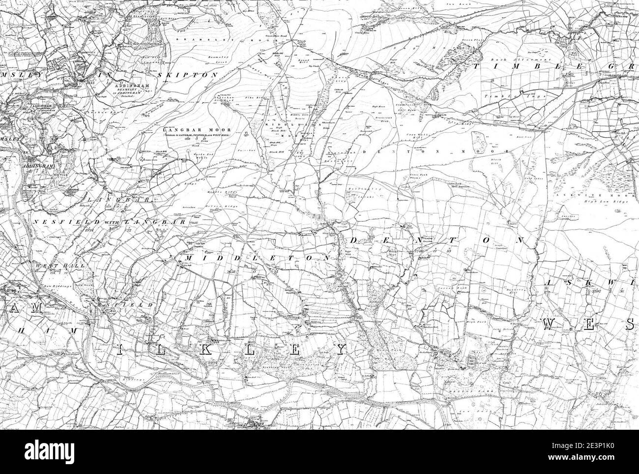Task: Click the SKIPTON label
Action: pos(188,75)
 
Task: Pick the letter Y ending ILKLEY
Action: pos(338,349)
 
